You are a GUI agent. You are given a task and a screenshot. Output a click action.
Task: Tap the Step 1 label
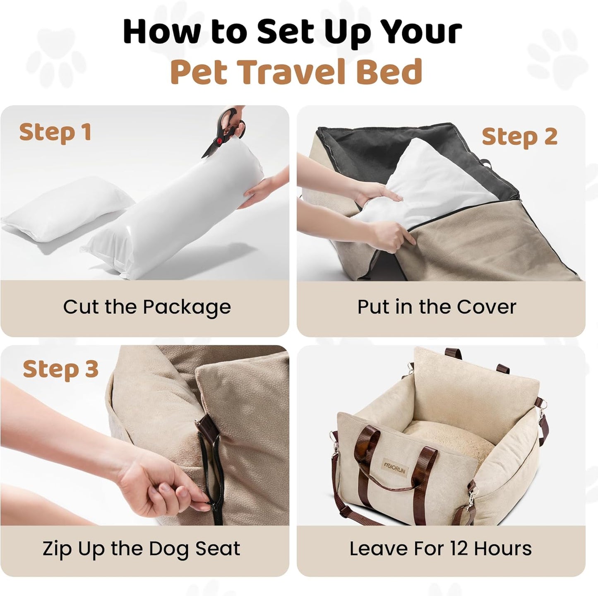click(55, 132)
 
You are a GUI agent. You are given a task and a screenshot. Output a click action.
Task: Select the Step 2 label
click(519, 137)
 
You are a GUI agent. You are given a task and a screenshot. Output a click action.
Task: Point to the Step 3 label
click(60, 369)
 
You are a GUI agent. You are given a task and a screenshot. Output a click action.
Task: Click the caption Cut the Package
click(146, 307)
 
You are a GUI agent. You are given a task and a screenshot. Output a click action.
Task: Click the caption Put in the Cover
click(437, 307)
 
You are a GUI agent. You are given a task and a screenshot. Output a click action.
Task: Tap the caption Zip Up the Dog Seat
click(141, 548)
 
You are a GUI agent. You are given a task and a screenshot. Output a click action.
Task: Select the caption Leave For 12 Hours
click(440, 548)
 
